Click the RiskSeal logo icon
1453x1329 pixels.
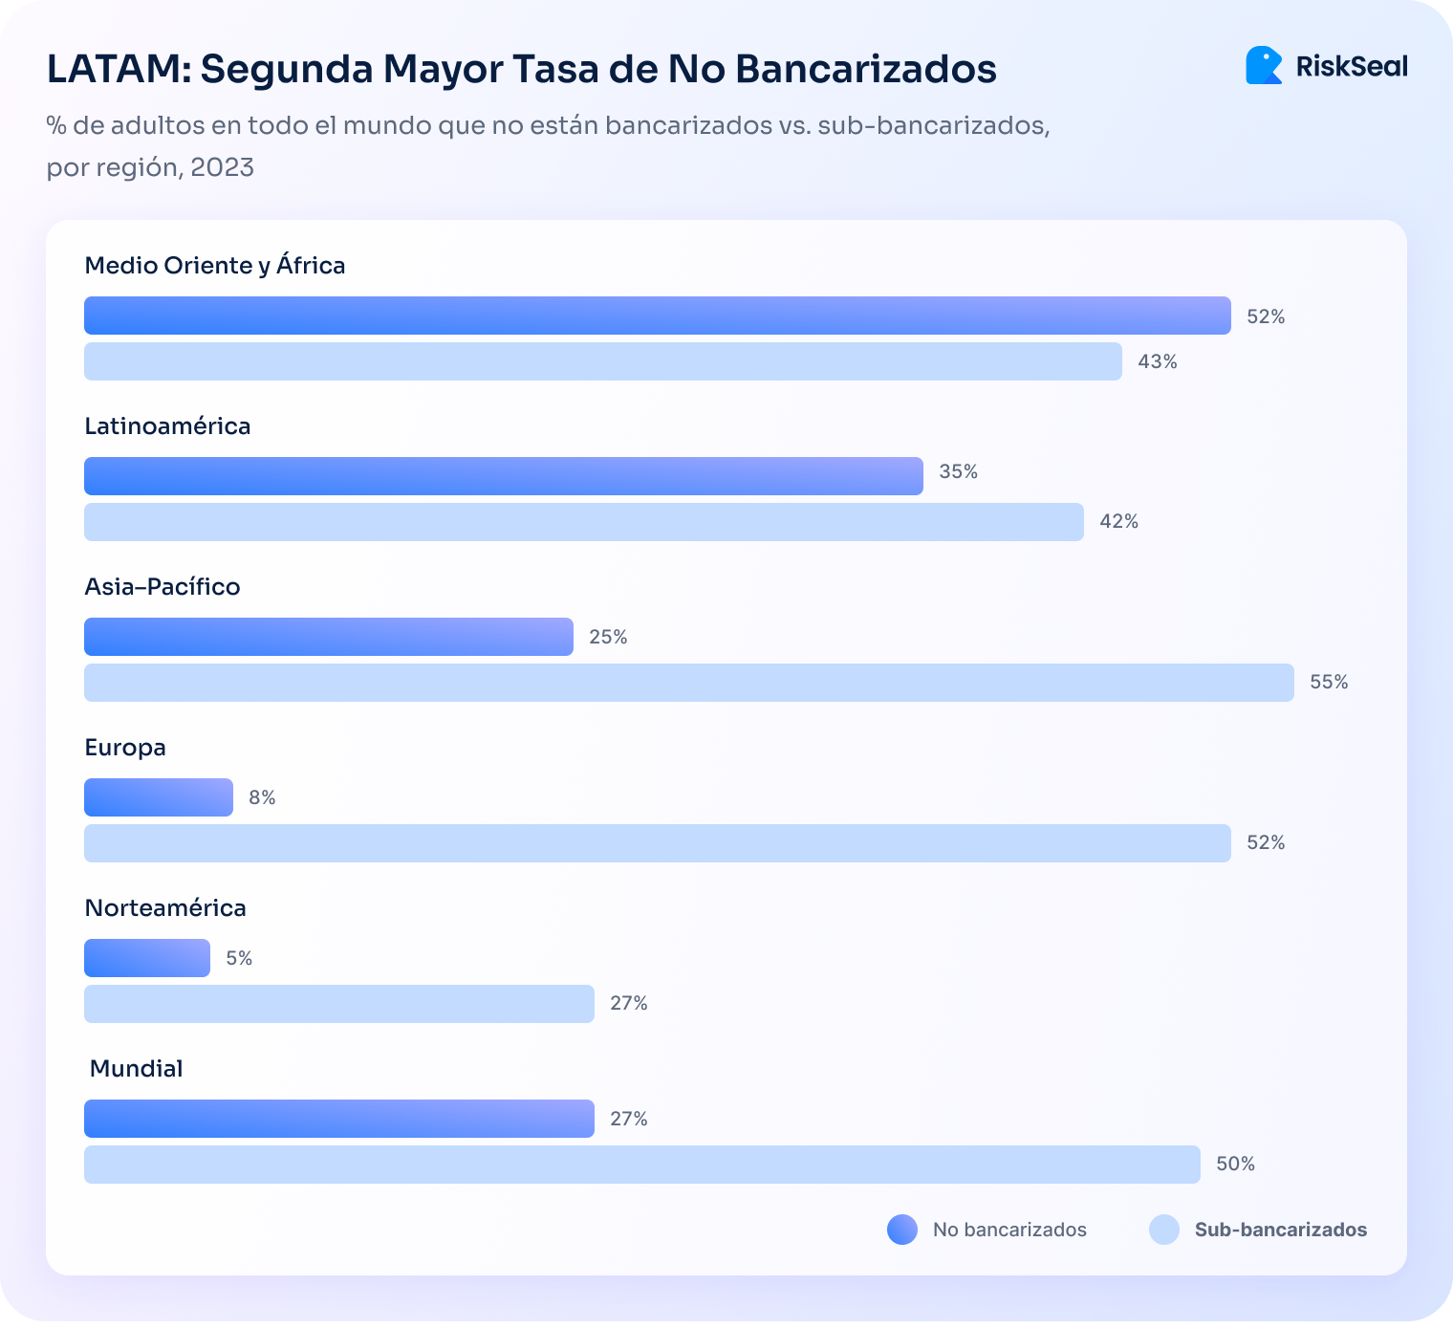tap(1264, 65)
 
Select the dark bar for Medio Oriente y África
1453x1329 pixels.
tap(657, 316)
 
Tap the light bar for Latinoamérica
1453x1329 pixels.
tap(583, 522)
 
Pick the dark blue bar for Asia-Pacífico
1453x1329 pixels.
tap(328, 637)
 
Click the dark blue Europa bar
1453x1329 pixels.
tap(158, 797)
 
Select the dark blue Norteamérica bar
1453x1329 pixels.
tap(146, 958)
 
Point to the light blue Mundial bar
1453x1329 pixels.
tap(641, 1165)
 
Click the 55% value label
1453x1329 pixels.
tap(1329, 683)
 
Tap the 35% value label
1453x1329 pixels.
tap(958, 471)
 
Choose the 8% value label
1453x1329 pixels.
tap(262, 797)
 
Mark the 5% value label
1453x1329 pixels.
tap(239, 958)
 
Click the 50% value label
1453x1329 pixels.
tap(1235, 1165)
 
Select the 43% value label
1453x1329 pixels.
tap(1157, 361)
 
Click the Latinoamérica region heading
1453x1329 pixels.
tap(167, 425)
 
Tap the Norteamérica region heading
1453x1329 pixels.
tap(165, 907)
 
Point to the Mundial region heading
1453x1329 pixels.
tap(136, 1068)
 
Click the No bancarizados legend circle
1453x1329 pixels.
tap(901, 1230)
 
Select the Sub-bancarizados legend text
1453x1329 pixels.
tap(1280, 1230)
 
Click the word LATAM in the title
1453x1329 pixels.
tap(114, 69)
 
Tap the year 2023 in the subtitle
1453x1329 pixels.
tap(222, 167)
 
